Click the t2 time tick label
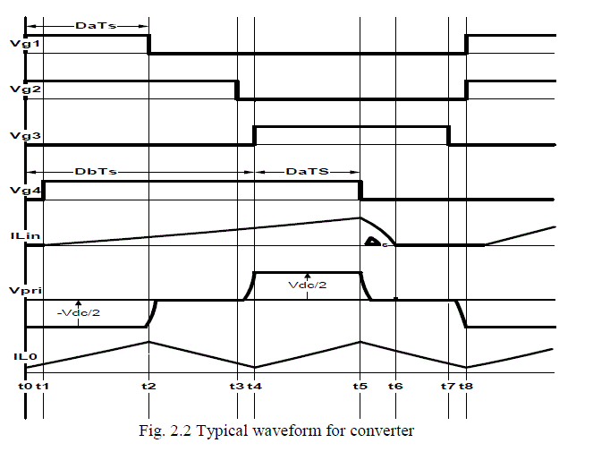point(149,386)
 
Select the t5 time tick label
point(360,386)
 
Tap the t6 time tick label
point(396,386)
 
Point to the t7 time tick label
point(447,386)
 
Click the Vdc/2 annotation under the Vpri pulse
point(306,285)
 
